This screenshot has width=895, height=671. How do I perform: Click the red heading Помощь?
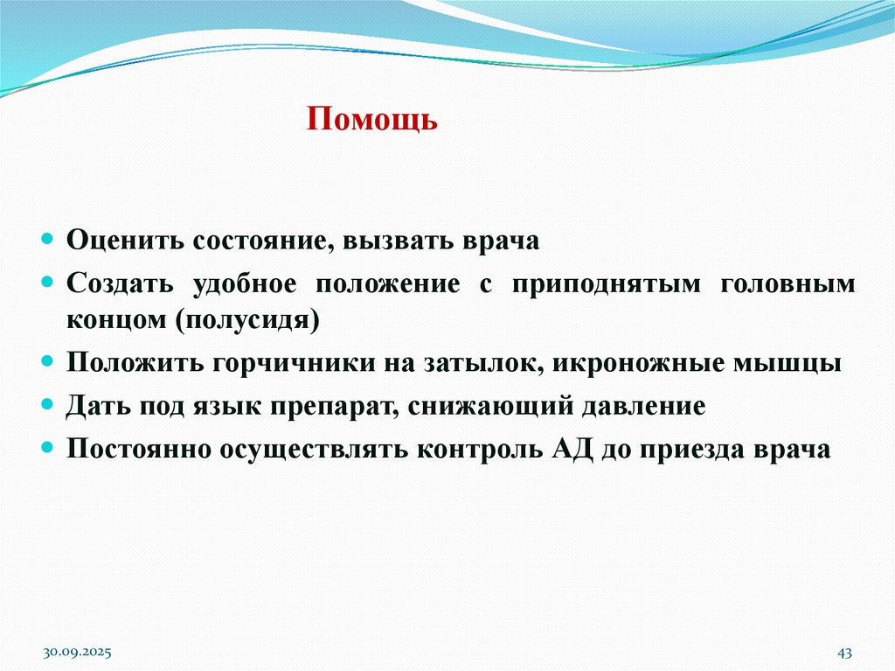click(x=371, y=119)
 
